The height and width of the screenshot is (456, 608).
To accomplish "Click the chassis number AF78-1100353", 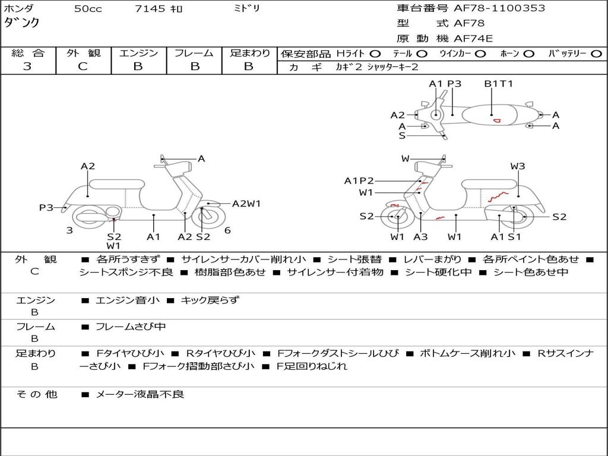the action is coord(499,8).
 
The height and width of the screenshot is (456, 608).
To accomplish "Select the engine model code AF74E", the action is coord(473,39).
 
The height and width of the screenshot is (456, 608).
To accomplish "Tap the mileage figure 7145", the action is coord(150,8).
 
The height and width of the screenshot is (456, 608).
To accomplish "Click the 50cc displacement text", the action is coord(88,8).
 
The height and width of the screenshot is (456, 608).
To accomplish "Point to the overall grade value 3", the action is coord(27,66).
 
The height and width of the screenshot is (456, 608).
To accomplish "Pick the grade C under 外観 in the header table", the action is coord(83,66).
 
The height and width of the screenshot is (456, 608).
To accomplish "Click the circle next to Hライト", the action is coord(375,54).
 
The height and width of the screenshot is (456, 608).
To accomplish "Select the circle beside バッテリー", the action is coord(596,54).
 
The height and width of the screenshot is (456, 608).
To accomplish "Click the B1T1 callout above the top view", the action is coord(498,83).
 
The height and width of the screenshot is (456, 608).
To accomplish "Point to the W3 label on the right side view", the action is coord(518,166).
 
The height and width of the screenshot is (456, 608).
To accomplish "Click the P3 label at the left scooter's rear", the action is coord(46,207).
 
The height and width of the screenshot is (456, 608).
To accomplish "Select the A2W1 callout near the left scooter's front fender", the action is coord(246,204).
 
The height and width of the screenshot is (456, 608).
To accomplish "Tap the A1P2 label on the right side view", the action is coord(359,180).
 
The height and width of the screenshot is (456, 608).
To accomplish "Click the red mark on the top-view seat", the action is coord(497,121).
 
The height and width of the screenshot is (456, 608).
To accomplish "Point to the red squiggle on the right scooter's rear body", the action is coord(498,197).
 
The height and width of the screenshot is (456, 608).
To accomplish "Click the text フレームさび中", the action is coord(131,327).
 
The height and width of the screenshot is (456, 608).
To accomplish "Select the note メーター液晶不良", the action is coord(140,394).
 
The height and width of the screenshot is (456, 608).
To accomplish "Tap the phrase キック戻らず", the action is coord(210,300).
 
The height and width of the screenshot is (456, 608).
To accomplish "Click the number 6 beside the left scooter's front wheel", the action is coord(227,230).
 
